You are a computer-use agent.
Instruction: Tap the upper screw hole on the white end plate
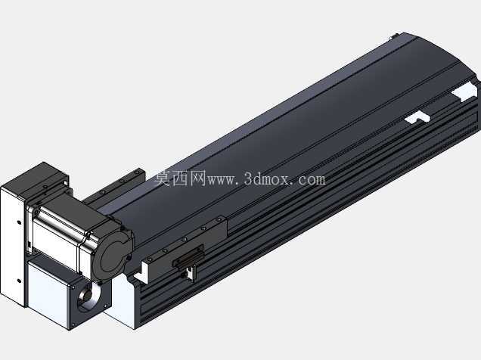click(19, 222)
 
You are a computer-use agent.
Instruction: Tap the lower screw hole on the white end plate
click(19, 281)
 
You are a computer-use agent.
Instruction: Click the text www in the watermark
click(222, 180)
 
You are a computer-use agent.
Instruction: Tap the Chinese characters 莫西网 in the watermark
click(180, 178)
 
